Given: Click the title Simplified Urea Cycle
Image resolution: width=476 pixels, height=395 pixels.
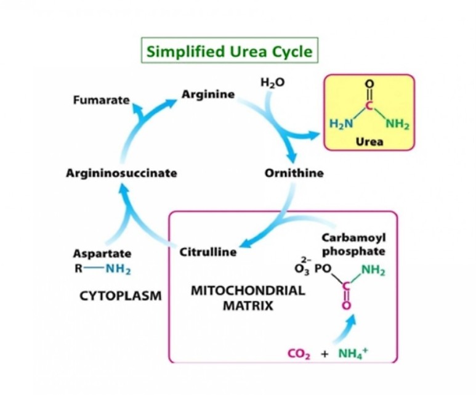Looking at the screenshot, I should pyautogui.click(x=229, y=51).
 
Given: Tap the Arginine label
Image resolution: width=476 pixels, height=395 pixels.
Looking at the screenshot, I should pyautogui.click(x=208, y=94).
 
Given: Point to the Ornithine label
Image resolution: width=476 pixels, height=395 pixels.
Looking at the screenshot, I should pyautogui.click(x=294, y=173).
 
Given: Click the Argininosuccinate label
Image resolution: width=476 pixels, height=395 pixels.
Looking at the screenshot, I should pyautogui.click(x=121, y=173).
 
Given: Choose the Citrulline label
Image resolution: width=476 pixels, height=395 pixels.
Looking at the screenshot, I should pyautogui.click(x=208, y=252).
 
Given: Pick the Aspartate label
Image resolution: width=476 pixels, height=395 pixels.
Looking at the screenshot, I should pyautogui.click(x=102, y=253).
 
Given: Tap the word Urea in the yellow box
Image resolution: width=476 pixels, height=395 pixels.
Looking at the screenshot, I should pyautogui.click(x=369, y=142).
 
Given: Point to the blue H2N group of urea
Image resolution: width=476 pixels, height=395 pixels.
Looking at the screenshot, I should pyautogui.click(x=341, y=123).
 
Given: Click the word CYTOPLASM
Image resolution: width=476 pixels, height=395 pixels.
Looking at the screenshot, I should pyautogui.click(x=121, y=296).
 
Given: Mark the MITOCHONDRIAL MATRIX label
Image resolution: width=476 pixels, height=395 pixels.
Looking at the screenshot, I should pyautogui.click(x=248, y=298).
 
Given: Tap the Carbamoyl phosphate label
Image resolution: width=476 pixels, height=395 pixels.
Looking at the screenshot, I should pyautogui.click(x=353, y=245).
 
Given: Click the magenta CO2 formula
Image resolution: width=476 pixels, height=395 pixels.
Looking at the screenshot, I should pyautogui.click(x=300, y=354).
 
